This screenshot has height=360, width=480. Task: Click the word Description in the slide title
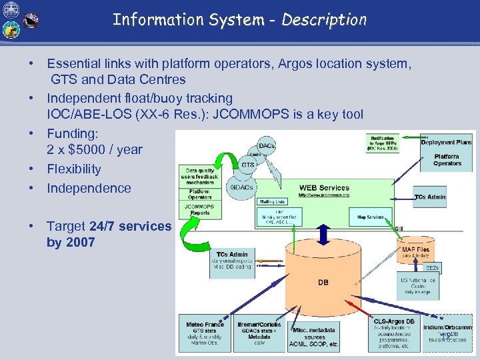tap(324, 19)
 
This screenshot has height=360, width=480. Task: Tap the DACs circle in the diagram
tap(267, 145)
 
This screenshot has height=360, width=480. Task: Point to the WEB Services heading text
tap(324, 188)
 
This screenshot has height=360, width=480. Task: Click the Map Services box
tap(371, 217)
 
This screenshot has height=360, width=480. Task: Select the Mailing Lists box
tap(272, 201)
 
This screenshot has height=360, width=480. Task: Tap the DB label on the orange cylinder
tap(323, 283)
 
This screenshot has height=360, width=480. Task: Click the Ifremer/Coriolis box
tap(259, 333)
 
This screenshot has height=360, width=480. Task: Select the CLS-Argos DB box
tap(395, 333)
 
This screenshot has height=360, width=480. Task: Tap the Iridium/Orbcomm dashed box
tap(447, 333)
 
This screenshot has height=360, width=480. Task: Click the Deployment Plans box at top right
tap(447, 142)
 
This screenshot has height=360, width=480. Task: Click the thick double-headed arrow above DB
tap(322, 233)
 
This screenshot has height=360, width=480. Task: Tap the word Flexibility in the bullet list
tap(74, 169)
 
